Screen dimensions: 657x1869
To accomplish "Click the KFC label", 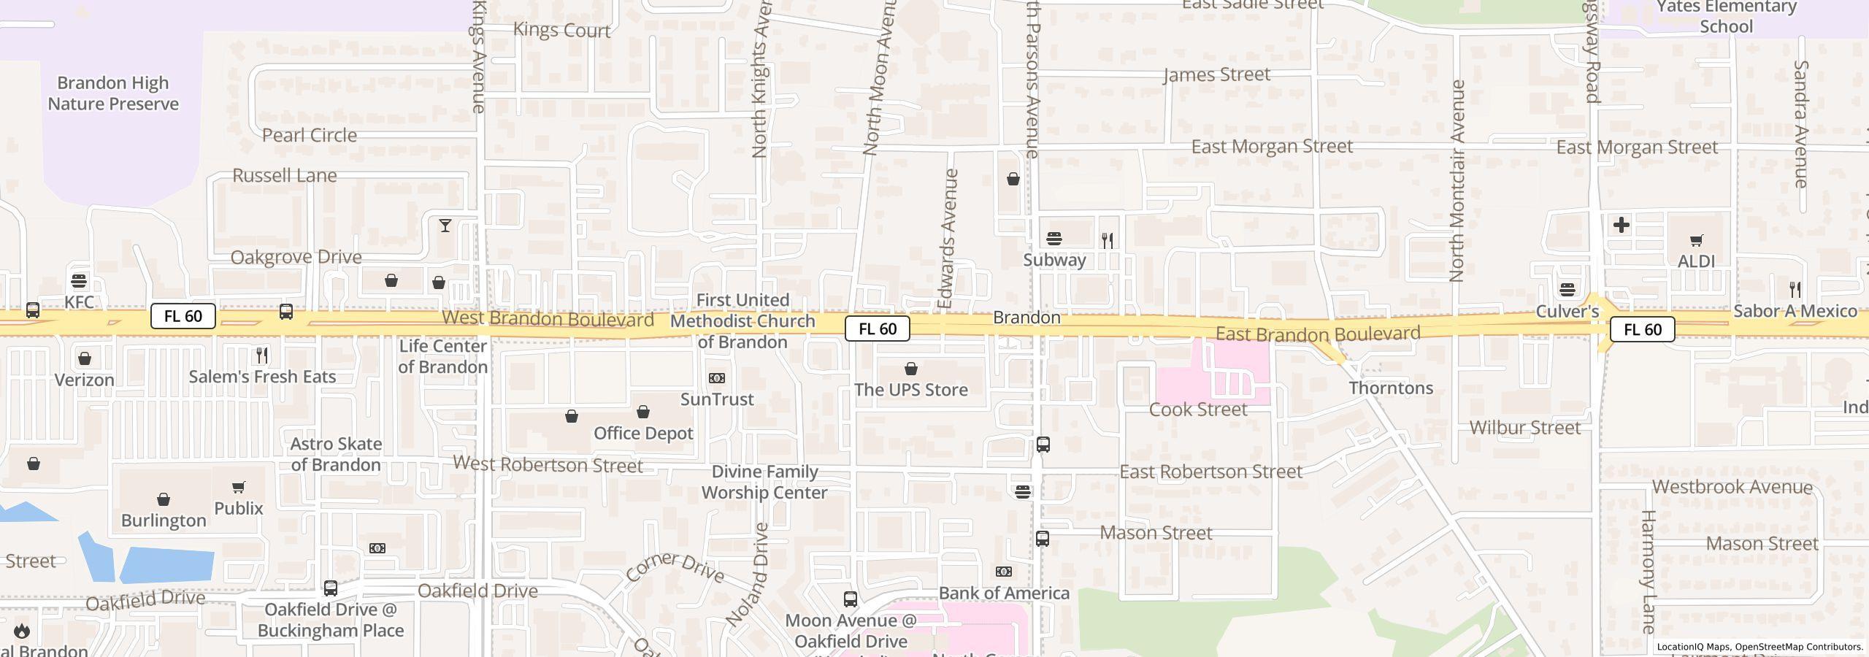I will (79, 302).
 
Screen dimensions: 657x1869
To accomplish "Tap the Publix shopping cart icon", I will (239, 487).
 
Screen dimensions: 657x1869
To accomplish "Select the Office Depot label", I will (643, 434).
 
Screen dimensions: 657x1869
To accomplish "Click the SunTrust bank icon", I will (717, 378).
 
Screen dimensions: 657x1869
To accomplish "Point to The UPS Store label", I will (911, 390).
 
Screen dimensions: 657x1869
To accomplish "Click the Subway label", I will (1054, 260).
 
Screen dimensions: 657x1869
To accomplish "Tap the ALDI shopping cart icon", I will (1696, 240).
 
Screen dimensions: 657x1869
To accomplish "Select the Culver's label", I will (1567, 312).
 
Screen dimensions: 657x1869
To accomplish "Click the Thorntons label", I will (1391, 388).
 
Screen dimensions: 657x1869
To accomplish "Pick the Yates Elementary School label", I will (1726, 17).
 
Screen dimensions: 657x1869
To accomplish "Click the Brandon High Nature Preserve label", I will (113, 93).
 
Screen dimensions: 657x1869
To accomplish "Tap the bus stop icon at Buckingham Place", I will (331, 588).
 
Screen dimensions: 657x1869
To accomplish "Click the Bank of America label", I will (1004, 593).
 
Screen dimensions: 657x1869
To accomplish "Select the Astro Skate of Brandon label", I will (336, 454).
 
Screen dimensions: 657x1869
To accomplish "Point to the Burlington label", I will (164, 520).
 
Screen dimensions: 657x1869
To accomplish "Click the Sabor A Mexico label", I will (1795, 312).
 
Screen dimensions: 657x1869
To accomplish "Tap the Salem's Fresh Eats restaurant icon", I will (262, 356).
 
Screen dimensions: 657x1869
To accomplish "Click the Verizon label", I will (85, 380).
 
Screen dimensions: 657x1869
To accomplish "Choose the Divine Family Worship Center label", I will (764, 482).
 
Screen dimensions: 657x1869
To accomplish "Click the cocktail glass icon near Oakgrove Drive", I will (445, 226).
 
